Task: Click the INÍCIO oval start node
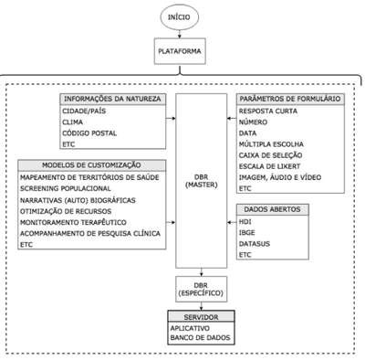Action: coord(180,17)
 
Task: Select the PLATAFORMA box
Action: coord(180,51)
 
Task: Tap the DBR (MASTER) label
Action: coord(202,181)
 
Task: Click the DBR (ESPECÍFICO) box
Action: coord(202,289)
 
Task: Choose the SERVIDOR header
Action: coord(201,317)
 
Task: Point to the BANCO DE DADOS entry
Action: coord(200,337)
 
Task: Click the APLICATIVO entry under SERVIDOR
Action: coord(190,328)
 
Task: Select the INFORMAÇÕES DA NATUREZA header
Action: coord(112,99)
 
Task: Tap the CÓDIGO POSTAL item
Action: coord(89,133)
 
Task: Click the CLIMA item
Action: coord(72,122)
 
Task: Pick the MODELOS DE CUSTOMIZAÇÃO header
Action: coord(91,165)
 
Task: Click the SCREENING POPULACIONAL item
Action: coord(66,188)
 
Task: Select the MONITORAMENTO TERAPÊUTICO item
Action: coord(73,222)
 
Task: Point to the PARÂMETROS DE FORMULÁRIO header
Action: coord(290,99)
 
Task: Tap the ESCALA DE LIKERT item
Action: coord(269,166)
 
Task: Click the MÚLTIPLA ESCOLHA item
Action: coord(271,144)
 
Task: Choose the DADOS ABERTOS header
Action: coord(273,209)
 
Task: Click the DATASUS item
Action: coord(255,244)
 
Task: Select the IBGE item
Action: coord(247,233)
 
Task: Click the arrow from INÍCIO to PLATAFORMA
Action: coord(180,34)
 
